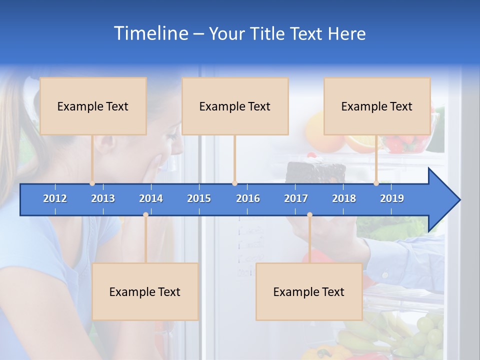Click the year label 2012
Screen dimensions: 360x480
pyautogui.click(x=55, y=198)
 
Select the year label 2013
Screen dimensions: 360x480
pyautogui.click(x=103, y=198)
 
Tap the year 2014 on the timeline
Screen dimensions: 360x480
pyautogui.click(x=151, y=198)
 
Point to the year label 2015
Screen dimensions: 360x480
pyautogui.click(x=199, y=198)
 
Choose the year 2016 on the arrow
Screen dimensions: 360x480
pyautogui.click(x=248, y=198)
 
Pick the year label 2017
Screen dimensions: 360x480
pyautogui.click(x=296, y=198)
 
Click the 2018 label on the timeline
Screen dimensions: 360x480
pyautogui.click(x=344, y=198)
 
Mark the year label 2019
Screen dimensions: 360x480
pyautogui.click(x=392, y=198)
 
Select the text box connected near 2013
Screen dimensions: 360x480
pyautogui.click(x=93, y=106)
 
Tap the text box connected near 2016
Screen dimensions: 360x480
pyautogui.click(x=235, y=106)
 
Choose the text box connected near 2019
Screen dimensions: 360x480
pyautogui.click(x=377, y=106)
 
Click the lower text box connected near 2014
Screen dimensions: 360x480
pyautogui.click(x=145, y=291)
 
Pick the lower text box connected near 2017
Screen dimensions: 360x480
pyautogui.click(x=309, y=291)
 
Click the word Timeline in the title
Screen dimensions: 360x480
pyautogui.click(x=150, y=33)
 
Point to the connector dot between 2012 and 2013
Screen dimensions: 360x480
pyautogui.click(x=92, y=183)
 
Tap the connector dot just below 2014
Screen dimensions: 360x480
pyautogui.click(x=145, y=215)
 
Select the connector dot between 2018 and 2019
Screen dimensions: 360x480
pyautogui.click(x=376, y=183)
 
